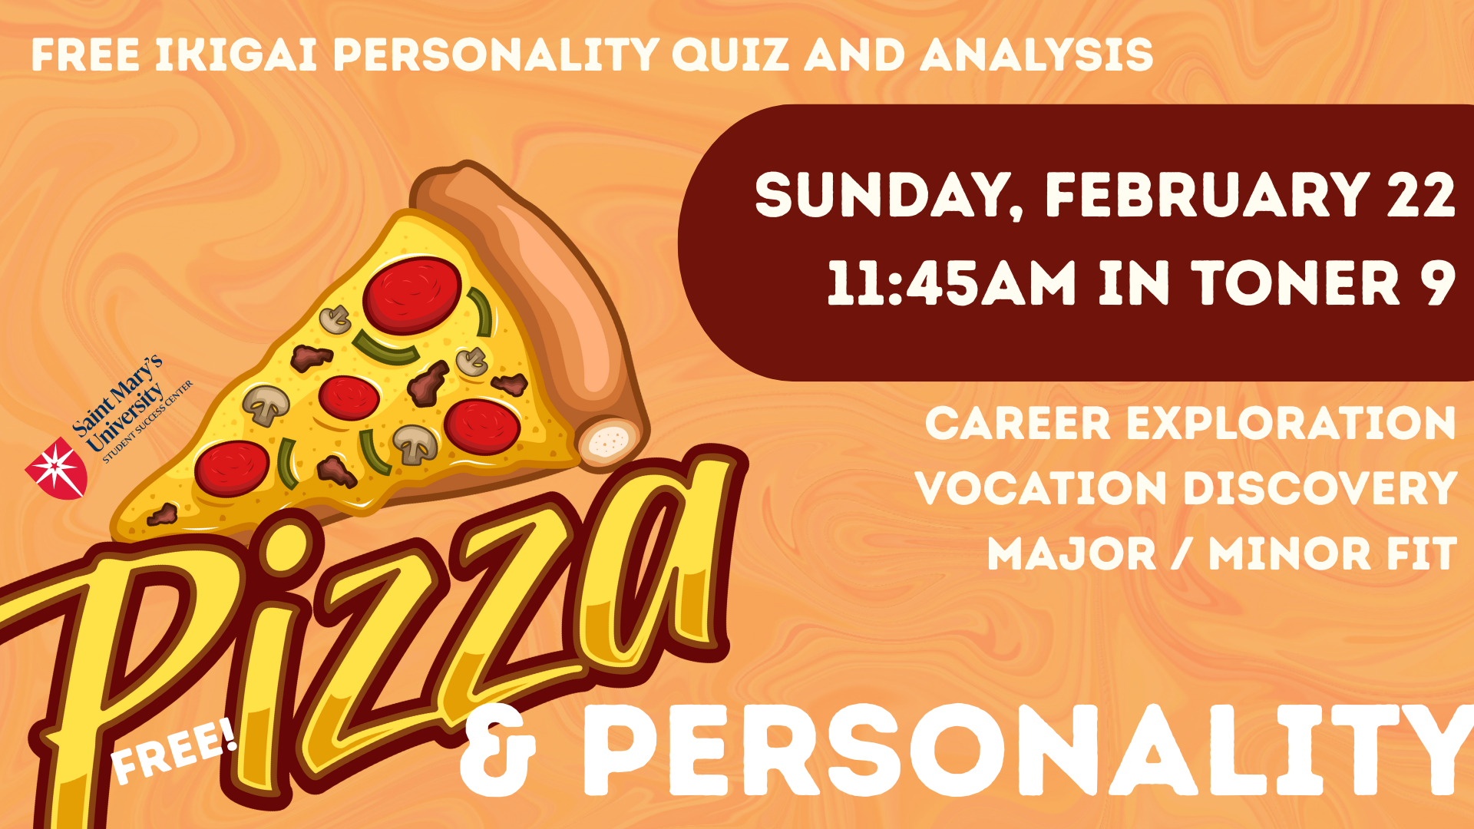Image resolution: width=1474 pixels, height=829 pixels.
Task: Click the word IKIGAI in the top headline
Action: coord(236,55)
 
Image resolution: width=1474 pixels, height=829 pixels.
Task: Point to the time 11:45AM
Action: coord(952,283)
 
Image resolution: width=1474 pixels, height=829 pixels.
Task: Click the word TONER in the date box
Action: coord(1296,283)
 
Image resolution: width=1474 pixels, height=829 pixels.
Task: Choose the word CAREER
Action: coord(1017,423)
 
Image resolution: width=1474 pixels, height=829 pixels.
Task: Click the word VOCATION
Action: coord(1041,488)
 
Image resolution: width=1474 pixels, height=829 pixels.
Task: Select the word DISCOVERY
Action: coord(1320,488)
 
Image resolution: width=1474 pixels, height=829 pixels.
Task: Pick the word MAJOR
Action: coord(1072,553)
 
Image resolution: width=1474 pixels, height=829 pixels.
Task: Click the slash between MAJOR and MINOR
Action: coord(1182,553)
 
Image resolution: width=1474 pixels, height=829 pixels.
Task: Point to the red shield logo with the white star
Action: coord(57,468)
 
